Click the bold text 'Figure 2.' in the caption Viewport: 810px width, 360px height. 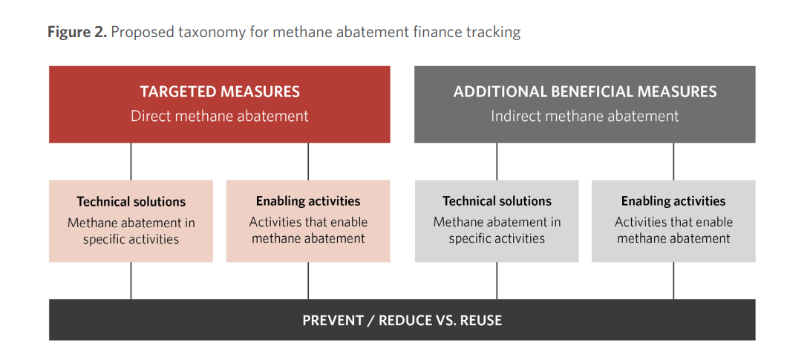tap(77, 33)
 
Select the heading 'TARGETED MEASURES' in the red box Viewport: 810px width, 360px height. tap(220, 92)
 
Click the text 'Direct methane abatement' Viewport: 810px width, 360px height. tap(220, 116)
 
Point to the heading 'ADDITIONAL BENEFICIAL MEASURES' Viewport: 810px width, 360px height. tap(585, 92)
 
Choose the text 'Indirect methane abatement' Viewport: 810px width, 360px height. tap(585, 116)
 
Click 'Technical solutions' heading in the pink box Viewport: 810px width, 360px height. tap(131, 201)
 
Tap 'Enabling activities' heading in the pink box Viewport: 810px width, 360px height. tap(308, 200)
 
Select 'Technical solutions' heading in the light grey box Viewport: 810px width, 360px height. tap(497, 201)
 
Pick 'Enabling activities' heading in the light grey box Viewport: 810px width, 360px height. tap(673, 200)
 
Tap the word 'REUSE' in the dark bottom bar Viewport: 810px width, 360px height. tap(481, 320)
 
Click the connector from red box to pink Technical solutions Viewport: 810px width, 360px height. tap(131, 162)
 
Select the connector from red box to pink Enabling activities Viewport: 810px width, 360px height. tap(308, 162)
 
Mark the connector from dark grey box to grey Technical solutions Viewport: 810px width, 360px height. tap(497, 162)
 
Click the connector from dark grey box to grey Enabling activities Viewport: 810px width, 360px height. tap(673, 162)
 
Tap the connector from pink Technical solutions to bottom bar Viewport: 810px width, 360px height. tap(131, 281)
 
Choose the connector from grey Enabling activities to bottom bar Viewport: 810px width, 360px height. tap(673, 281)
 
